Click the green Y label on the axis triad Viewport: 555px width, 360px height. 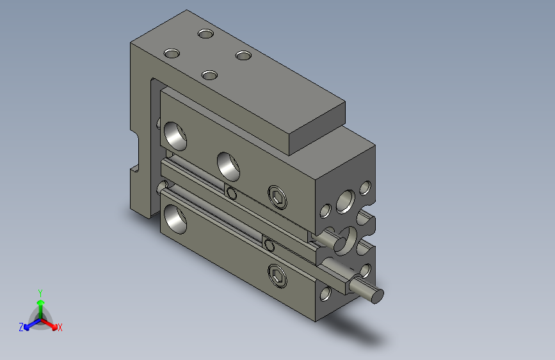tap(40, 291)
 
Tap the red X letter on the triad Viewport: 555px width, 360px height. tap(60, 328)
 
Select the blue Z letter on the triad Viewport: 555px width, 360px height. tap(20, 327)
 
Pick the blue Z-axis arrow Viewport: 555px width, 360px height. tap(29, 323)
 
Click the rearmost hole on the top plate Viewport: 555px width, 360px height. tap(205, 33)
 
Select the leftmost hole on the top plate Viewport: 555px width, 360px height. tap(172, 53)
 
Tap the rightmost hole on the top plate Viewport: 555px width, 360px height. tap(243, 56)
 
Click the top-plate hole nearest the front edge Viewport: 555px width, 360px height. tap(209, 76)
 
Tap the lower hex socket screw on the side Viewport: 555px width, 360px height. tap(277, 275)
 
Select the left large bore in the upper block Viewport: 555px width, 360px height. tap(174, 135)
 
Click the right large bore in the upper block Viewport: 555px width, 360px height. tap(229, 165)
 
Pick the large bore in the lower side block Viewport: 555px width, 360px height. tap(174, 217)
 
